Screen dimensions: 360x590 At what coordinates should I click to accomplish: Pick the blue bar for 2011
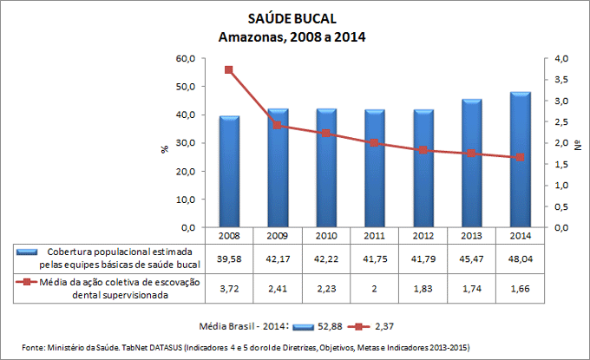tap(375, 167)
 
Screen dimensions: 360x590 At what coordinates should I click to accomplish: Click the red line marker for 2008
tap(229, 70)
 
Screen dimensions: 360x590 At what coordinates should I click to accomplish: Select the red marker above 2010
tap(326, 134)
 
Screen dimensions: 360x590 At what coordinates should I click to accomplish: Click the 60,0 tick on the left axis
tap(184, 58)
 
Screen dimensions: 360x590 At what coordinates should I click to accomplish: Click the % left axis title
tap(165, 148)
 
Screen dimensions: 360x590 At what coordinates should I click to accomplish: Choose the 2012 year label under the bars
tap(423, 235)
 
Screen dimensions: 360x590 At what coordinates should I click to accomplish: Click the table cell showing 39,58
tap(229, 259)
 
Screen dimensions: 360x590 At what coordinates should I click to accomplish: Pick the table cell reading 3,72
tap(229, 287)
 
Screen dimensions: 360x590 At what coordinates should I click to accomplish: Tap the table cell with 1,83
tap(423, 287)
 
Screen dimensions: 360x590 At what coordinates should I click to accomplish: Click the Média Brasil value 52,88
tap(331, 326)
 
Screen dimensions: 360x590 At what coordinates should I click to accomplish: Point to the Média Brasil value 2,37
tap(384, 326)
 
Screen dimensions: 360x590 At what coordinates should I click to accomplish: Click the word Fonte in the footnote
tap(34, 347)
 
